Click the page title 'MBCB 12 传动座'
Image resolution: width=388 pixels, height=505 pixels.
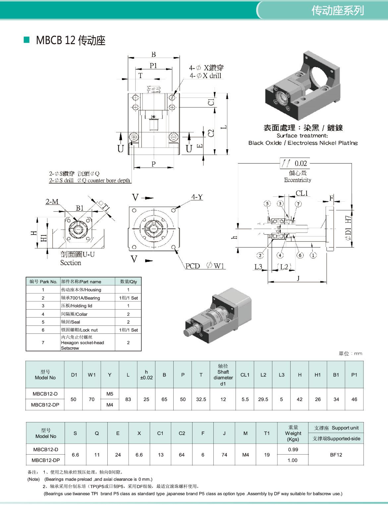70,40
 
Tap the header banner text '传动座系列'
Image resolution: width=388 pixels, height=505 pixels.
337,11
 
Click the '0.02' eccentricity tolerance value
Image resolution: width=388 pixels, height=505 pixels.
301,163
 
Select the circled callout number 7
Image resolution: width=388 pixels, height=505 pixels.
298,204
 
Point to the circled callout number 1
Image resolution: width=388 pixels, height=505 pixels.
313,255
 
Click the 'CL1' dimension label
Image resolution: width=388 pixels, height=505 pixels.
302,193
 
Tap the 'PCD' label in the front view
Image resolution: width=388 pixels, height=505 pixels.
193,266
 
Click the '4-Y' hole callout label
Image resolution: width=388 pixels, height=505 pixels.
197,197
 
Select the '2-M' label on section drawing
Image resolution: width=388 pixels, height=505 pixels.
52,201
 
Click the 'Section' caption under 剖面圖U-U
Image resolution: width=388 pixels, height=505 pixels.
71,263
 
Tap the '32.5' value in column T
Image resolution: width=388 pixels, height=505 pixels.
201,399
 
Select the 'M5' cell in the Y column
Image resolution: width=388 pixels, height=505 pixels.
110,394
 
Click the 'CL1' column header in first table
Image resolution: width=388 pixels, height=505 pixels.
245,375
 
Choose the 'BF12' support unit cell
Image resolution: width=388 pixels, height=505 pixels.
336,455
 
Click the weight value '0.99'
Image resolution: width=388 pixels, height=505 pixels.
293,450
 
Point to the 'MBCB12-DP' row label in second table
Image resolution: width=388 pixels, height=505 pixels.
46,460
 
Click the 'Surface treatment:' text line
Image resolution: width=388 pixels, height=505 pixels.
302,136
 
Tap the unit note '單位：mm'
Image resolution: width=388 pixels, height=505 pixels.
350,354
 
